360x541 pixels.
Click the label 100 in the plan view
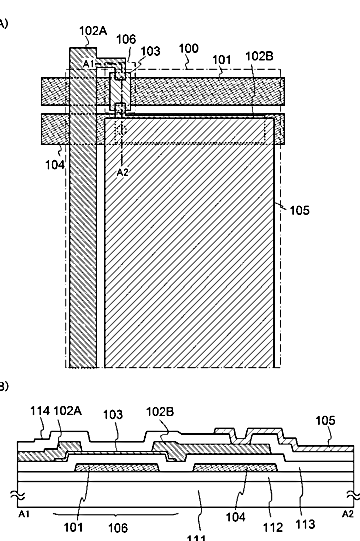coord(189,48)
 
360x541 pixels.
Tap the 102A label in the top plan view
coord(93,31)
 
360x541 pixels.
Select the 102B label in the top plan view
coord(260,56)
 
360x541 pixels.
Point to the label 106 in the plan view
coord(126,39)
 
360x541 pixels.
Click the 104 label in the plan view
coord(55,165)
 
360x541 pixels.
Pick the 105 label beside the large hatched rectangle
coord(299,210)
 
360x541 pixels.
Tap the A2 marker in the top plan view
coord(123,172)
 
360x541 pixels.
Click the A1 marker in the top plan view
coord(89,64)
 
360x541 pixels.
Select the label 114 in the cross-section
coord(40,411)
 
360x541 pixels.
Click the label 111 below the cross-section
coord(197,538)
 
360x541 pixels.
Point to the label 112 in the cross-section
coord(273,527)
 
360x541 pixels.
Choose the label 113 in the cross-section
coord(305,524)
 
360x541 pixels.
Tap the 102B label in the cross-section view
coord(160,412)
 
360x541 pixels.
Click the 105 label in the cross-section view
coord(325,421)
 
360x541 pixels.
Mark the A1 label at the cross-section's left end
coord(23,514)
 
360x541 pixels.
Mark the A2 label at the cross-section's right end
coord(348,514)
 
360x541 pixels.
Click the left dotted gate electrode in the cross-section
coord(117,468)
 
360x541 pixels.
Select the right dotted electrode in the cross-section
coord(235,468)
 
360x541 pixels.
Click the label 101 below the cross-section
coord(74,528)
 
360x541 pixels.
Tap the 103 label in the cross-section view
coord(113,414)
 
